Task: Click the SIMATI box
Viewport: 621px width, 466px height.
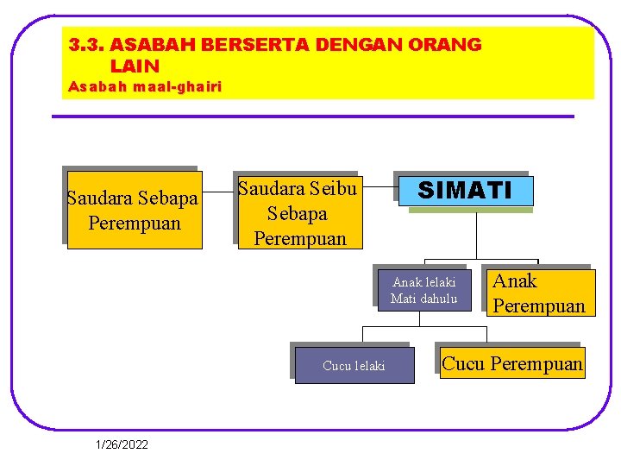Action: pyautogui.click(x=465, y=191)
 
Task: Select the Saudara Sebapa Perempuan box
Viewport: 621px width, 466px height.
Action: pyautogui.click(x=134, y=211)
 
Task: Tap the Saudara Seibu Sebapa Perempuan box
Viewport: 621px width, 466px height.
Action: pyautogui.click(x=299, y=213)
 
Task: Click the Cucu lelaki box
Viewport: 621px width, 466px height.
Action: pyautogui.click(x=354, y=366)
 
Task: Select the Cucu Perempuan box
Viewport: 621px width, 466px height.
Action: pyautogui.click(x=511, y=363)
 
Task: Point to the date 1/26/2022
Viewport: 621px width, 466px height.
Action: pyautogui.click(x=122, y=444)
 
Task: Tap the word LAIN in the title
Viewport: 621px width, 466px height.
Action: pyautogui.click(x=135, y=66)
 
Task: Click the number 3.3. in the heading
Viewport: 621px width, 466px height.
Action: pyautogui.click(x=87, y=45)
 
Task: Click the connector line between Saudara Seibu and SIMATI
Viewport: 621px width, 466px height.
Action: pyautogui.click(x=379, y=185)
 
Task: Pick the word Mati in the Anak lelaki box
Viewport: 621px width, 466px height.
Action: pyautogui.click(x=403, y=299)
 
